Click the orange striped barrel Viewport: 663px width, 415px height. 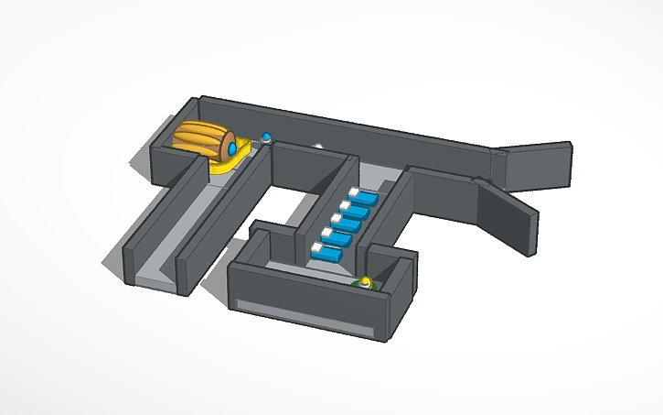click(x=203, y=140)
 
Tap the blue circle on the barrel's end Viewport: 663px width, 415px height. click(x=232, y=147)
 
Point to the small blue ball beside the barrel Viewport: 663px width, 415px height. click(x=267, y=137)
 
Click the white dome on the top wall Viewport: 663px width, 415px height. click(x=318, y=144)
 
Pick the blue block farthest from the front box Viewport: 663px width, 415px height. click(x=367, y=198)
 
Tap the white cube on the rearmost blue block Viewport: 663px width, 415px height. click(x=354, y=192)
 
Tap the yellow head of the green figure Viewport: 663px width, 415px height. click(x=366, y=280)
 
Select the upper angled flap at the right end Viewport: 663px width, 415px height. click(x=535, y=165)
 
